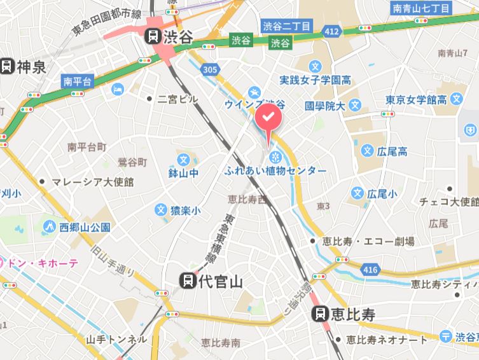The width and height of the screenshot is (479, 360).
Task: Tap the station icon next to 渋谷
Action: point(153,36)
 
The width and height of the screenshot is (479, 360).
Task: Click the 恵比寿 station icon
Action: point(320,313)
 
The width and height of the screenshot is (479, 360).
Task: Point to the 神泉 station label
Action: point(31,65)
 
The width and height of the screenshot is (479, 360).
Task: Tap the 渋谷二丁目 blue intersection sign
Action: point(286,26)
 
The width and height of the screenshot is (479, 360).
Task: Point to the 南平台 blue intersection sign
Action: point(77,81)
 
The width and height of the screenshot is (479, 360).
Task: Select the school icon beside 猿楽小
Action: point(161,209)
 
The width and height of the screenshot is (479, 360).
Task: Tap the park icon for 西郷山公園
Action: point(49,226)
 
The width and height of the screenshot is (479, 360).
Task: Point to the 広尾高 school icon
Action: point(367,151)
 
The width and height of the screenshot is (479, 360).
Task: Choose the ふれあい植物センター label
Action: point(275,171)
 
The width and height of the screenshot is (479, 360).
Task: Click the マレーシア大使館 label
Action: point(93,182)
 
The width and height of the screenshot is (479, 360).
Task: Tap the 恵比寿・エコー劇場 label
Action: point(368,241)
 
